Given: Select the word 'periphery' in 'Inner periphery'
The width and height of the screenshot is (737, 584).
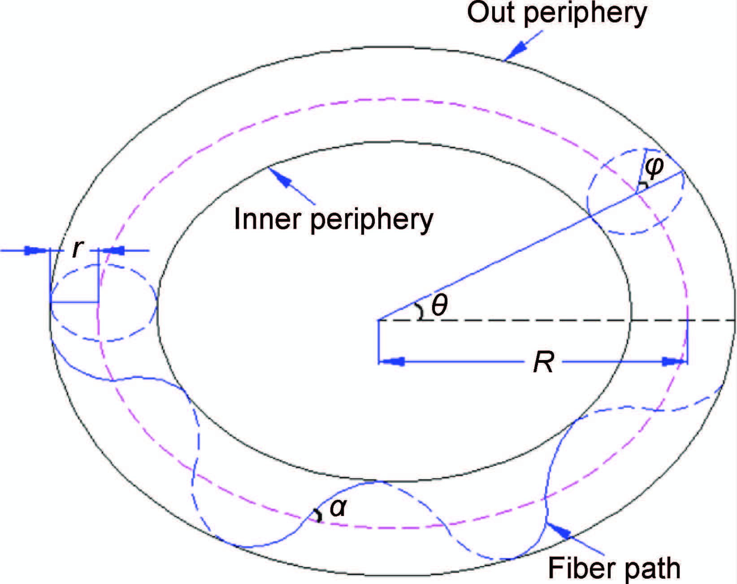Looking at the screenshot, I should tap(372, 221).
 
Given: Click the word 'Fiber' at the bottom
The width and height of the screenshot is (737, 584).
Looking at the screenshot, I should tap(578, 568).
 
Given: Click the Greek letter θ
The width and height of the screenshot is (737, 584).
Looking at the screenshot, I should tap(439, 306).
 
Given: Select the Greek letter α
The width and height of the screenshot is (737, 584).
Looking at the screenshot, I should tap(338, 507).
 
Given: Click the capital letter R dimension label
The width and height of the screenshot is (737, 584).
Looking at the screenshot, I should tap(543, 362).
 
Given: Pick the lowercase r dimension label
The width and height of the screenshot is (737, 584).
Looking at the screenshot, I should tap(77, 249).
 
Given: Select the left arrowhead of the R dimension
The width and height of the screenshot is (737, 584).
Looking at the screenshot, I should tap(392, 361).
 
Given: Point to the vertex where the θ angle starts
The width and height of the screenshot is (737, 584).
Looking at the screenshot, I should tap(379, 320).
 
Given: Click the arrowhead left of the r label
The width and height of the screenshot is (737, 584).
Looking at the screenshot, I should tap(35, 250).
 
